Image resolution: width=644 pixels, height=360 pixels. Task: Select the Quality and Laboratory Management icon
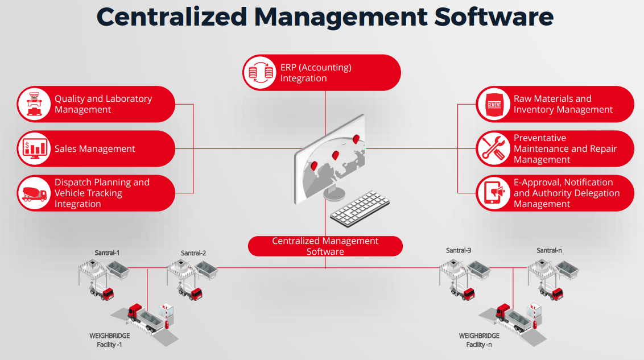click(x=34, y=104)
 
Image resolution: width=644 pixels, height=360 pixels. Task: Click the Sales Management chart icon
click(x=34, y=148)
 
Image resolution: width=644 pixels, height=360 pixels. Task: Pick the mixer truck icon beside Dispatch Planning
click(x=34, y=193)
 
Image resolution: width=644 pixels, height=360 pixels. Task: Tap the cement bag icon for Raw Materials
click(x=493, y=104)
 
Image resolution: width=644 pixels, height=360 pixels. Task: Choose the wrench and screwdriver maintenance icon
click(x=493, y=148)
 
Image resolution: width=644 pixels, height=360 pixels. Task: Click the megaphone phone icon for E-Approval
click(x=493, y=193)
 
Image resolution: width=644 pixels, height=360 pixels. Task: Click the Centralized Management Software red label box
click(x=325, y=246)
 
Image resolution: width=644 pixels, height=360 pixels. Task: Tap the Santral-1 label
click(x=107, y=252)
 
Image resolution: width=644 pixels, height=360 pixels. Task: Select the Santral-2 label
click(x=193, y=253)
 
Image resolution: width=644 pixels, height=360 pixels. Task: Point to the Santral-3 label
click(x=459, y=250)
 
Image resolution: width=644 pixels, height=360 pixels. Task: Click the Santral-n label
click(x=549, y=250)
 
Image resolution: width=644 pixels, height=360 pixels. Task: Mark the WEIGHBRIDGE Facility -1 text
click(x=109, y=340)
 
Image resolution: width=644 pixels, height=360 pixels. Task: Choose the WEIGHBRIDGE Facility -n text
click(x=479, y=340)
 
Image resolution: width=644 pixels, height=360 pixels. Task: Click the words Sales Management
click(x=94, y=149)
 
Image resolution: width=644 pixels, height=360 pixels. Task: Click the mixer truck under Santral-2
click(x=191, y=292)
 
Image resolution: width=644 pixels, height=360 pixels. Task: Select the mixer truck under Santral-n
click(x=551, y=293)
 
